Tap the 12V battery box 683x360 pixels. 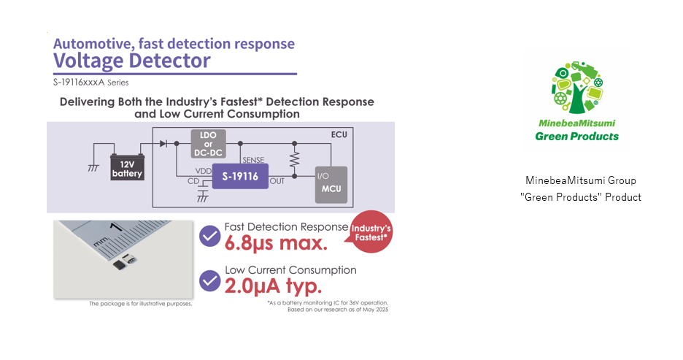pyautogui.click(x=127, y=168)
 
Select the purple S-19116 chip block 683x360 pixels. pyautogui.click(x=239, y=176)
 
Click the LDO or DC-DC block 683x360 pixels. pyautogui.click(x=208, y=143)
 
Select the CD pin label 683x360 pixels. pyautogui.click(x=193, y=180)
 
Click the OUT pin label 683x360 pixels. pyautogui.click(x=278, y=181)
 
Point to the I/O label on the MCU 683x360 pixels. pyautogui.click(x=323, y=176)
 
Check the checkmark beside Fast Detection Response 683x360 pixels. pyautogui.click(x=210, y=236)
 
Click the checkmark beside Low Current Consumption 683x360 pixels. pyautogui.click(x=210, y=280)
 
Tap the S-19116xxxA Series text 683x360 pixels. pyautogui.click(x=90, y=83)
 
